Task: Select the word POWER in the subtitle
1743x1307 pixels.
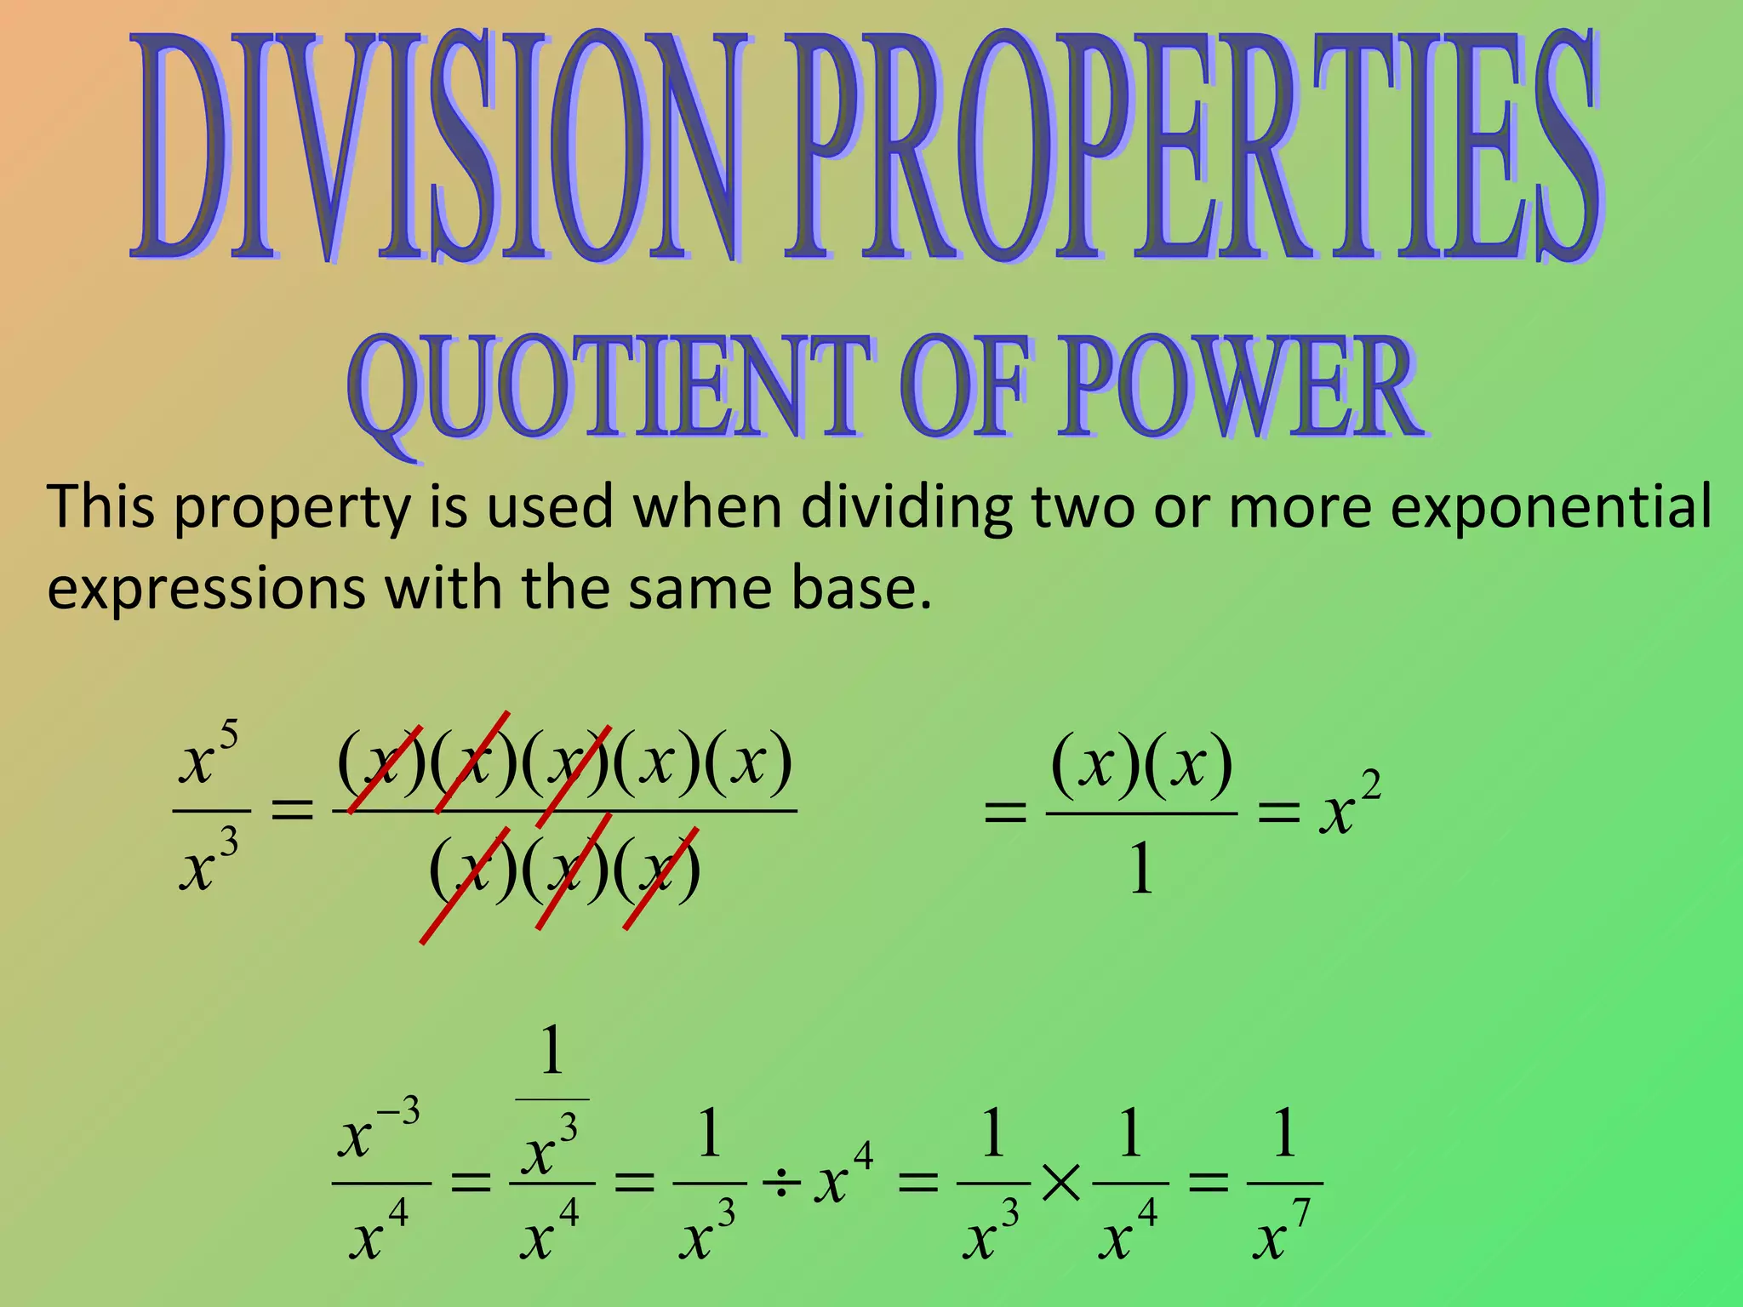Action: tap(1238, 387)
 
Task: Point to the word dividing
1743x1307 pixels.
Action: tap(907, 507)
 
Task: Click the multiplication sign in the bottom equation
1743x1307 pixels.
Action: tap(1060, 1184)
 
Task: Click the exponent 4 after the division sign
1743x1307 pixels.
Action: tap(863, 1155)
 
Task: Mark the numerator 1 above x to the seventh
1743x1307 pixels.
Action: tap(1284, 1133)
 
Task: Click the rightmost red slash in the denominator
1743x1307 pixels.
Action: tap(661, 877)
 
